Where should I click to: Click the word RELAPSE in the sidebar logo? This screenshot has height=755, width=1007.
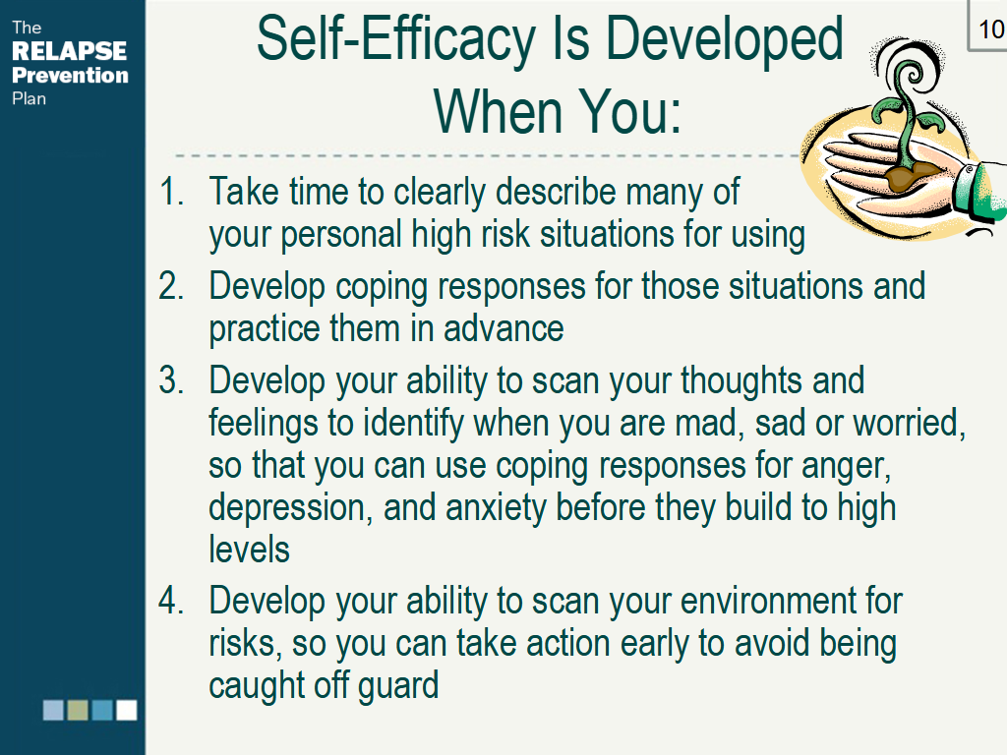coord(70,51)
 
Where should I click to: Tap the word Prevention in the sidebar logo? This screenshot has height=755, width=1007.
coord(70,75)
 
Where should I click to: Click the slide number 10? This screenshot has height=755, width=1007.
coord(991,29)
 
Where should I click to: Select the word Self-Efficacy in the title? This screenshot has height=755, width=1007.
coord(396,38)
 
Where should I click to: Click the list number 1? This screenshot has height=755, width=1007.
coord(171,192)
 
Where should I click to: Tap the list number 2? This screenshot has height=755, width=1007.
coord(171,286)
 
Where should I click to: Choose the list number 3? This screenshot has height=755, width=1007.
coord(171,380)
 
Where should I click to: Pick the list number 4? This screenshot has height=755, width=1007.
coord(171,601)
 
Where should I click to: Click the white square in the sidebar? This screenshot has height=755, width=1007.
coord(127,710)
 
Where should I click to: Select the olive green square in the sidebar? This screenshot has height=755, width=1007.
coord(78,710)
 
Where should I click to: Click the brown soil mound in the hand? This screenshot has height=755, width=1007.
coord(912,177)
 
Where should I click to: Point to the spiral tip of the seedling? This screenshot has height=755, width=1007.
coord(911,74)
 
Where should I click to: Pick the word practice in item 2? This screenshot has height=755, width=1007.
coord(264,329)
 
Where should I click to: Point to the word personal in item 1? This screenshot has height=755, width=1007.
coord(341,235)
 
